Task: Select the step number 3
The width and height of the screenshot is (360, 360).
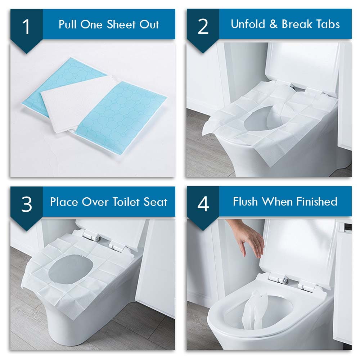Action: tap(26, 204)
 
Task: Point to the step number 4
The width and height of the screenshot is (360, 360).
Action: tap(203, 204)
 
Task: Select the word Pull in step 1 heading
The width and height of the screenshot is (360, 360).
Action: tap(69, 24)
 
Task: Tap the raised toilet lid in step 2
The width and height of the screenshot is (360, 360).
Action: tap(302, 65)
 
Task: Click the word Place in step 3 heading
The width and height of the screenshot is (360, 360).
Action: tap(64, 202)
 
